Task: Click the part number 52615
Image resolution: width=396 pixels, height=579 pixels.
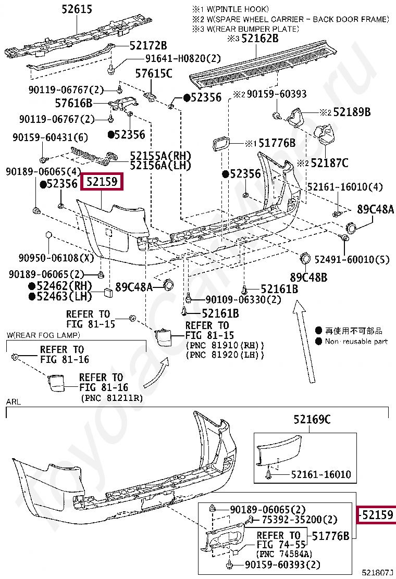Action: (77, 9)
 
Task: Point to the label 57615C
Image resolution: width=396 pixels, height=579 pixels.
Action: (154, 73)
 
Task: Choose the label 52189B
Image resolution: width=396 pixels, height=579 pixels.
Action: (352, 112)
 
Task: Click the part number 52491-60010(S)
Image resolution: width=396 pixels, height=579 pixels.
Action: (352, 259)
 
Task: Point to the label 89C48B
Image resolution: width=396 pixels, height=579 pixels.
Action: (309, 278)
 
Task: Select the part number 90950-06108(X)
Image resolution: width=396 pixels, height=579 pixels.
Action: (57, 257)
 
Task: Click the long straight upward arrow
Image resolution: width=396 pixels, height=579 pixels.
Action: (305, 341)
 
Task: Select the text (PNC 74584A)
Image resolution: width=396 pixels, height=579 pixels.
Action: (284, 554)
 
